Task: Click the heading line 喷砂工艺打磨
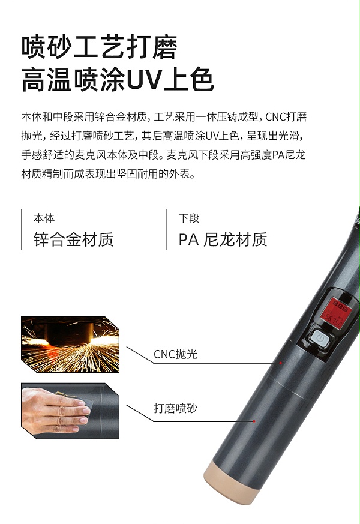99,48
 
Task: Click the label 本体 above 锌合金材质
44,218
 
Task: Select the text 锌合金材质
73,240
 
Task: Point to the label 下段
189,218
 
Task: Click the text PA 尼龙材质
223,240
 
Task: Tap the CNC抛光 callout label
175,354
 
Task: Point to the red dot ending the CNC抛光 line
280,363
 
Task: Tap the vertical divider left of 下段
166,229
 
